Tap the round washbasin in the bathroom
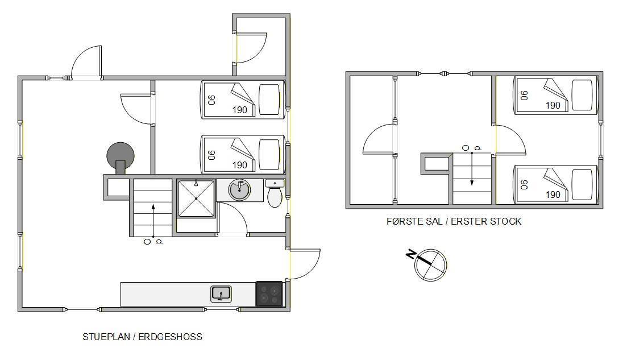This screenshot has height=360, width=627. (239, 189)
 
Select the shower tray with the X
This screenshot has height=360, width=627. (196, 199)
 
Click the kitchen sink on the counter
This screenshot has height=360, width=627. (221, 294)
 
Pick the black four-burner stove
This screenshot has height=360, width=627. (269, 294)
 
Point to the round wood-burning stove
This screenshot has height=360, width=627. (121, 158)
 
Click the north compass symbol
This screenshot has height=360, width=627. (430, 265)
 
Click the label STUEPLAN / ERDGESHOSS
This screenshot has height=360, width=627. (142, 337)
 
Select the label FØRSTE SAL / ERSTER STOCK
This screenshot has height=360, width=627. (454, 221)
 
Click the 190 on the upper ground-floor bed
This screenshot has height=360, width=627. (239, 110)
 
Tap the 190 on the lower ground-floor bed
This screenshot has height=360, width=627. (239, 165)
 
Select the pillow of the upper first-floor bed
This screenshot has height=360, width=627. (582, 95)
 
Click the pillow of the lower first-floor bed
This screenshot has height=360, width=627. (582, 184)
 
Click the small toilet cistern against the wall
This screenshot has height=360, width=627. (275, 183)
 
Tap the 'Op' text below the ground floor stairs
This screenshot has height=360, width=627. (153, 242)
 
